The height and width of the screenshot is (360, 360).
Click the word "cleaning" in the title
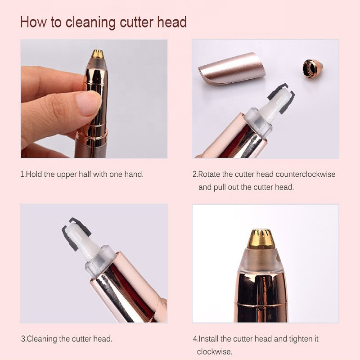(90, 22)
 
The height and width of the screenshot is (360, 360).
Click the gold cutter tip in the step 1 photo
(98, 54)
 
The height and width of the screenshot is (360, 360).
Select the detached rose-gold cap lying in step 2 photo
(232, 67)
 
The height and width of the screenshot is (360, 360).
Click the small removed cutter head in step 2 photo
(312, 69)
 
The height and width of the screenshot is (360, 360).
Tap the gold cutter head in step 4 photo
(261, 239)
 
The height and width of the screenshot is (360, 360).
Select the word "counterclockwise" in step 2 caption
(306, 174)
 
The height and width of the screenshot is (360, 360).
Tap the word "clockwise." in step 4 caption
(215, 351)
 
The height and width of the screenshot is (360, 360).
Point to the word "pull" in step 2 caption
(220, 187)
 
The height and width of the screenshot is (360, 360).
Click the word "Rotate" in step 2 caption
(209, 174)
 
